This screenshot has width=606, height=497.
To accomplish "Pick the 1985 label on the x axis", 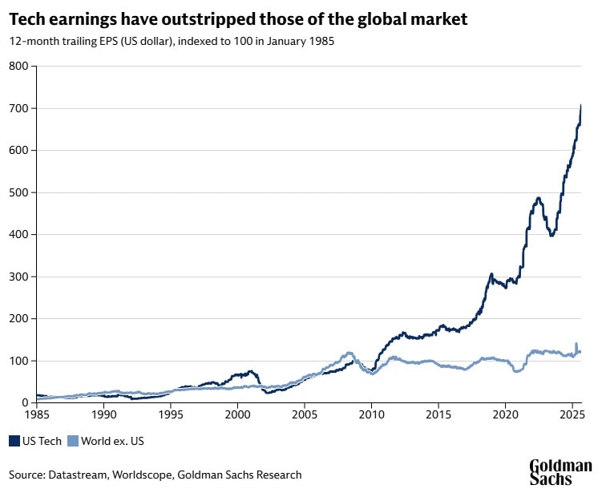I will [36, 415].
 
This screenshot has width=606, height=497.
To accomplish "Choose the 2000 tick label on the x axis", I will [237, 415].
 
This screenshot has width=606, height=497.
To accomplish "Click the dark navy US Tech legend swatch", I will [14, 440].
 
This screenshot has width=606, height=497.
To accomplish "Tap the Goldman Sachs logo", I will [560, 472].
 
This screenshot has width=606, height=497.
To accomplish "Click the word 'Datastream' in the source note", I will [79, 475].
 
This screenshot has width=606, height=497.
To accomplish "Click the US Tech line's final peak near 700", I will [580, 106].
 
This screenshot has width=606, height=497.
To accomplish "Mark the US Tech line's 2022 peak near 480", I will [539, 198].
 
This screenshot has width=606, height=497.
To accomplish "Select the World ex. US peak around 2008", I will [349, 353].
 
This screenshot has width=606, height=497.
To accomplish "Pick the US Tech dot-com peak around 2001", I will [251, 371].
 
